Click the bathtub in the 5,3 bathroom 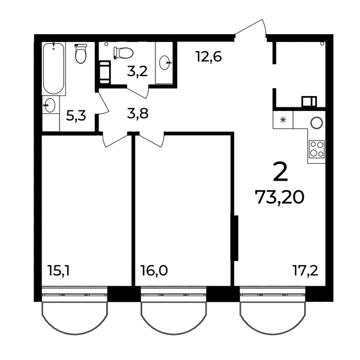[x=53, y=68]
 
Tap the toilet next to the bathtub [x=81, y=53]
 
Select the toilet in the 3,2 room [x=123, y=53]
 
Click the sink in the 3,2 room [x=165, y=62]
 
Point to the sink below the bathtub [x=49, y=105]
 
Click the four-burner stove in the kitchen [x=317, y=149]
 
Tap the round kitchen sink [x=317, y=122]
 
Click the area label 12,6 [x=209, y=56]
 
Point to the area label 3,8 [x=138, y=113]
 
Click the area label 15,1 [x=58, y=270]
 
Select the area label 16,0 [x=154, y=270]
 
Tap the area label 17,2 [x=305, y=270]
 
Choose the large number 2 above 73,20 [x=280, y=172]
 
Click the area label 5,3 [x=76, y=115]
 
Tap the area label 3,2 [x=137, y=72]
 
